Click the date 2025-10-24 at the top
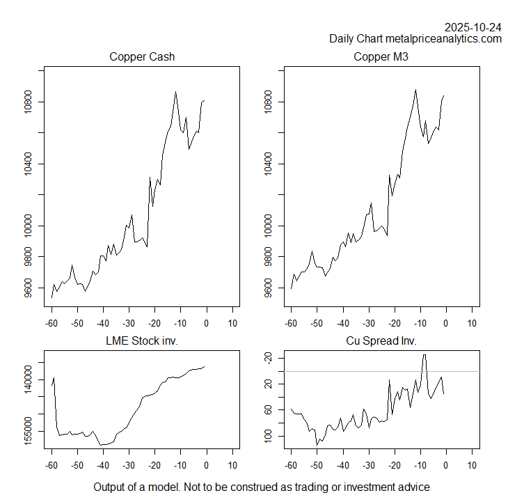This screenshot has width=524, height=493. [x=473, y=27]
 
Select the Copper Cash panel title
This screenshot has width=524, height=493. [x=142, y=57]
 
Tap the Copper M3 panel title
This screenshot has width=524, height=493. [x=381, y=57]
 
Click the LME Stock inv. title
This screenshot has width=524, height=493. [x=142, y=341]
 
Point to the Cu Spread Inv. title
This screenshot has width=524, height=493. [x=381, y=341]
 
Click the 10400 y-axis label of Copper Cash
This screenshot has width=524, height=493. [x=27, y=164]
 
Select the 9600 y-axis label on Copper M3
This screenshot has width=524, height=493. [x=267, y=288]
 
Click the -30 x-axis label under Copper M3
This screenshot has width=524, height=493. [x=369, y=322]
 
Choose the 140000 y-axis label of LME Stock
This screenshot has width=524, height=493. [x=27, y=383]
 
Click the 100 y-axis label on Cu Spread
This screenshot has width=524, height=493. [x=267, y=437]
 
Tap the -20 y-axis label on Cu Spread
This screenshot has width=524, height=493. [x=267, y=358]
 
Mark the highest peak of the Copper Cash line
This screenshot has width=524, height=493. [x=175, y=91]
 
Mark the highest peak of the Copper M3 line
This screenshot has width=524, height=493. [x=415, y=90]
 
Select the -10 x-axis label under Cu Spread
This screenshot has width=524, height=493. [x=420, y=464]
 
